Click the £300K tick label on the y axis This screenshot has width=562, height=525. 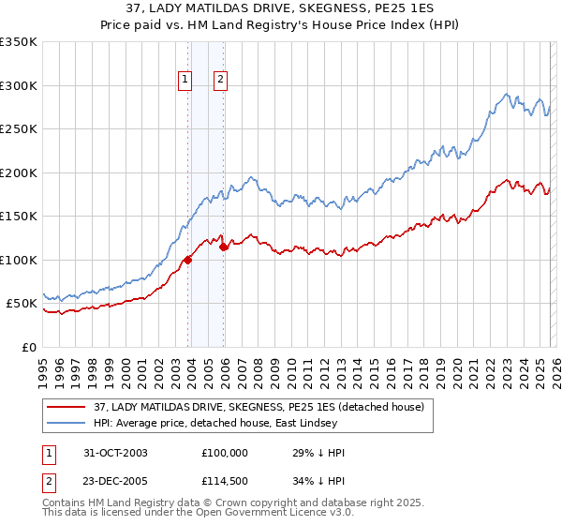tap(19, 85)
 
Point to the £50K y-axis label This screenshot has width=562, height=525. tap(22, 304)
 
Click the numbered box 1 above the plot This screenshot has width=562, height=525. tap(186, 81)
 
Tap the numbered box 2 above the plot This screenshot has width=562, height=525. tap(220, 81)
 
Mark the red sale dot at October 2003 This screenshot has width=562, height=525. tap(188, 260)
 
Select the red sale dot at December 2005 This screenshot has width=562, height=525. tap(224, 247)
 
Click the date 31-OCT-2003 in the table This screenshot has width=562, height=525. tap(115, 453)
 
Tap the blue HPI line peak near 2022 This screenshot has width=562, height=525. tap(507, 94)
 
